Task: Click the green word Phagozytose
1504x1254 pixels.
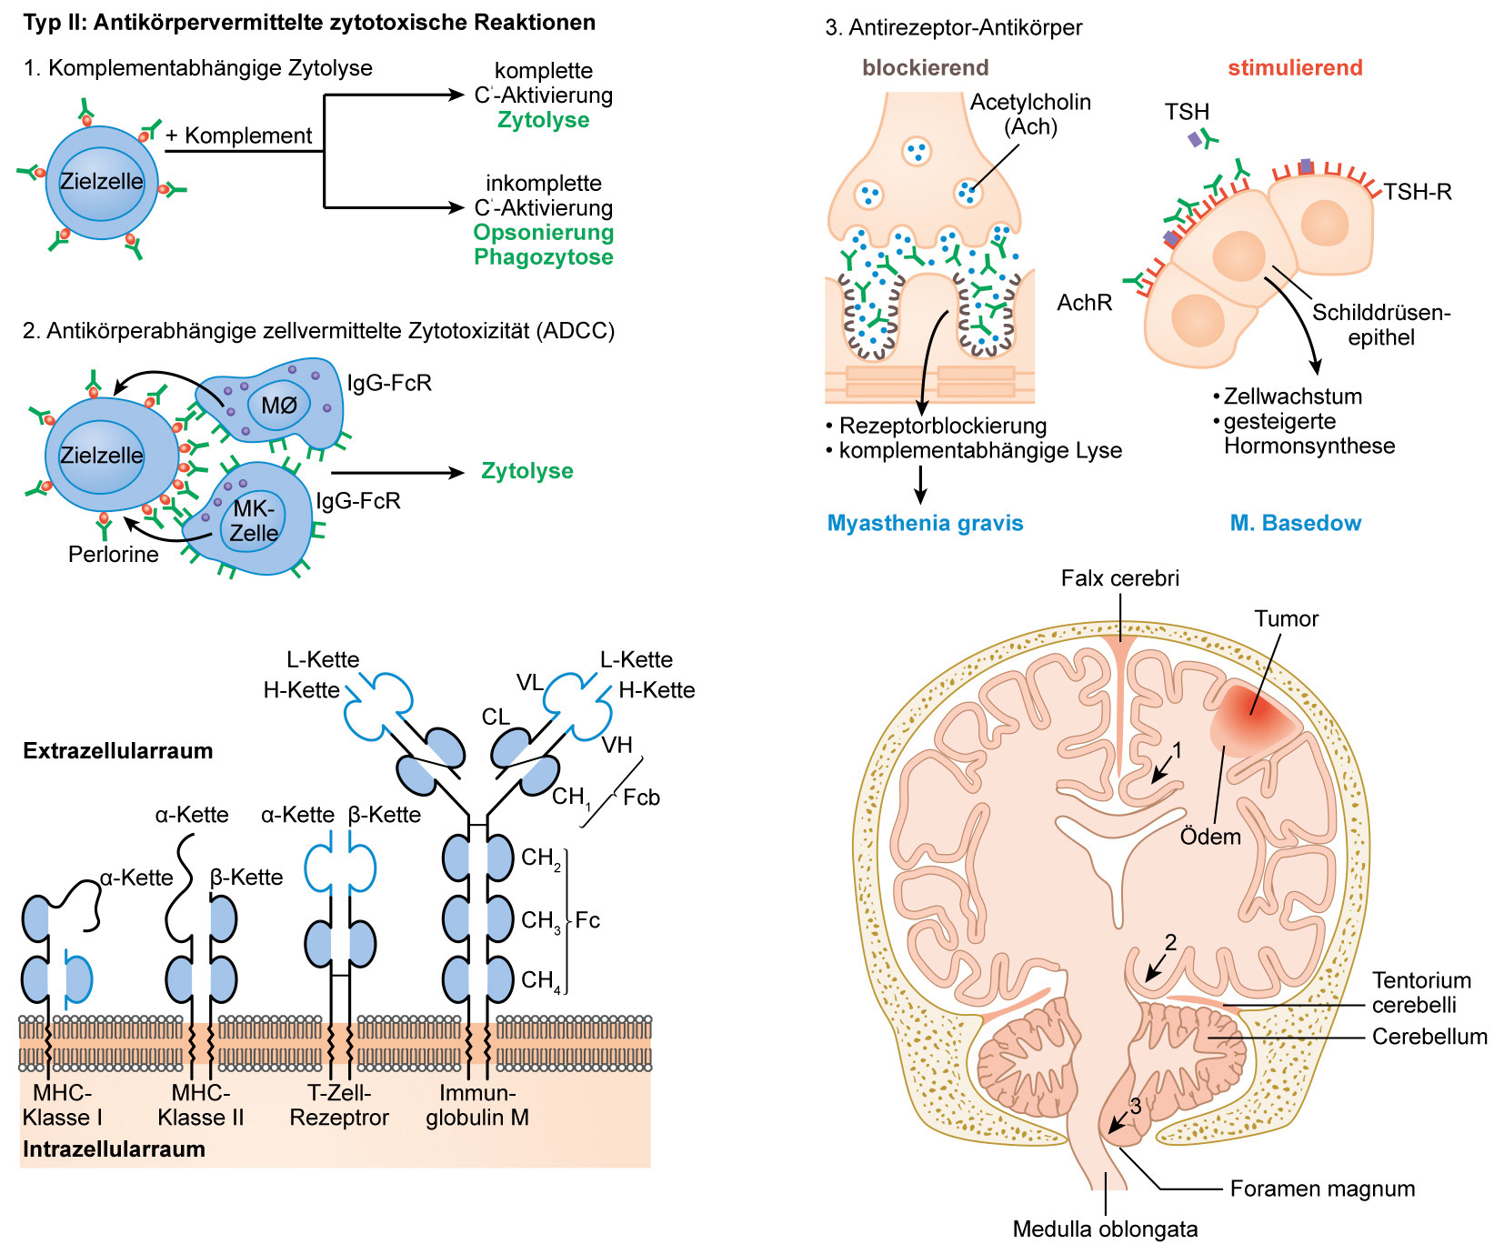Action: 543,257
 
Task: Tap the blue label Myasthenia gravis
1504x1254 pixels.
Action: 925,523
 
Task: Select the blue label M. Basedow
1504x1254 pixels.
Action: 1295,523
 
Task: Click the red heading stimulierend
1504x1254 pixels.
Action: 1295,67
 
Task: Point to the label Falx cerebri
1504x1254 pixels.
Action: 1119,578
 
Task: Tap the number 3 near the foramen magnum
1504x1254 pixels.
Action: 1135,1107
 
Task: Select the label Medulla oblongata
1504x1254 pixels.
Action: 1105,1229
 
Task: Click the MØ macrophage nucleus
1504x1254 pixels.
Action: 279,406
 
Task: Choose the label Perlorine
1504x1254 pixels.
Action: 113,555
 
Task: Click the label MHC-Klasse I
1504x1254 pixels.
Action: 62,1105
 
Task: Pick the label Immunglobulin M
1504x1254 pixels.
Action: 477,1105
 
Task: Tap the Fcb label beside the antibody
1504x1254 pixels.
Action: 641,798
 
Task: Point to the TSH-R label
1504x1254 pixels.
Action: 1417,192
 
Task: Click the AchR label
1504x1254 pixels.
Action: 1084,303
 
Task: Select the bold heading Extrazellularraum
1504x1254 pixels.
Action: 117,751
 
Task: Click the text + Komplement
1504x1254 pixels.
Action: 238,135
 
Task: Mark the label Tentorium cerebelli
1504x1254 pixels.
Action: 1420,992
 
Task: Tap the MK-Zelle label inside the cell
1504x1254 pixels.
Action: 254,521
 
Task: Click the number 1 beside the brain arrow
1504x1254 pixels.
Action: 1177,750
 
